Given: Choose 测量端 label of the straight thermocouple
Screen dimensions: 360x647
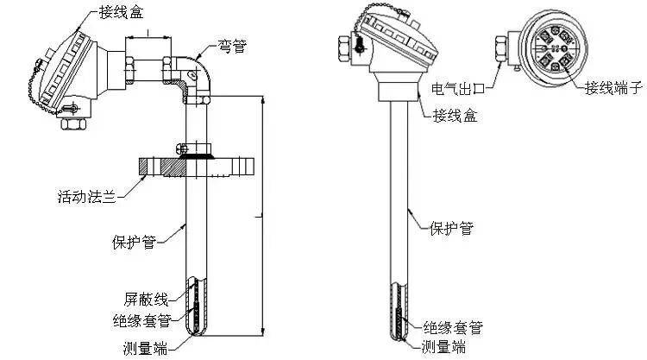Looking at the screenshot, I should pyautogui.click(x=445, y=347).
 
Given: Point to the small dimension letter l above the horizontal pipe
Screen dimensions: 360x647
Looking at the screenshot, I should pyautogui.click(x=148, y=32).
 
